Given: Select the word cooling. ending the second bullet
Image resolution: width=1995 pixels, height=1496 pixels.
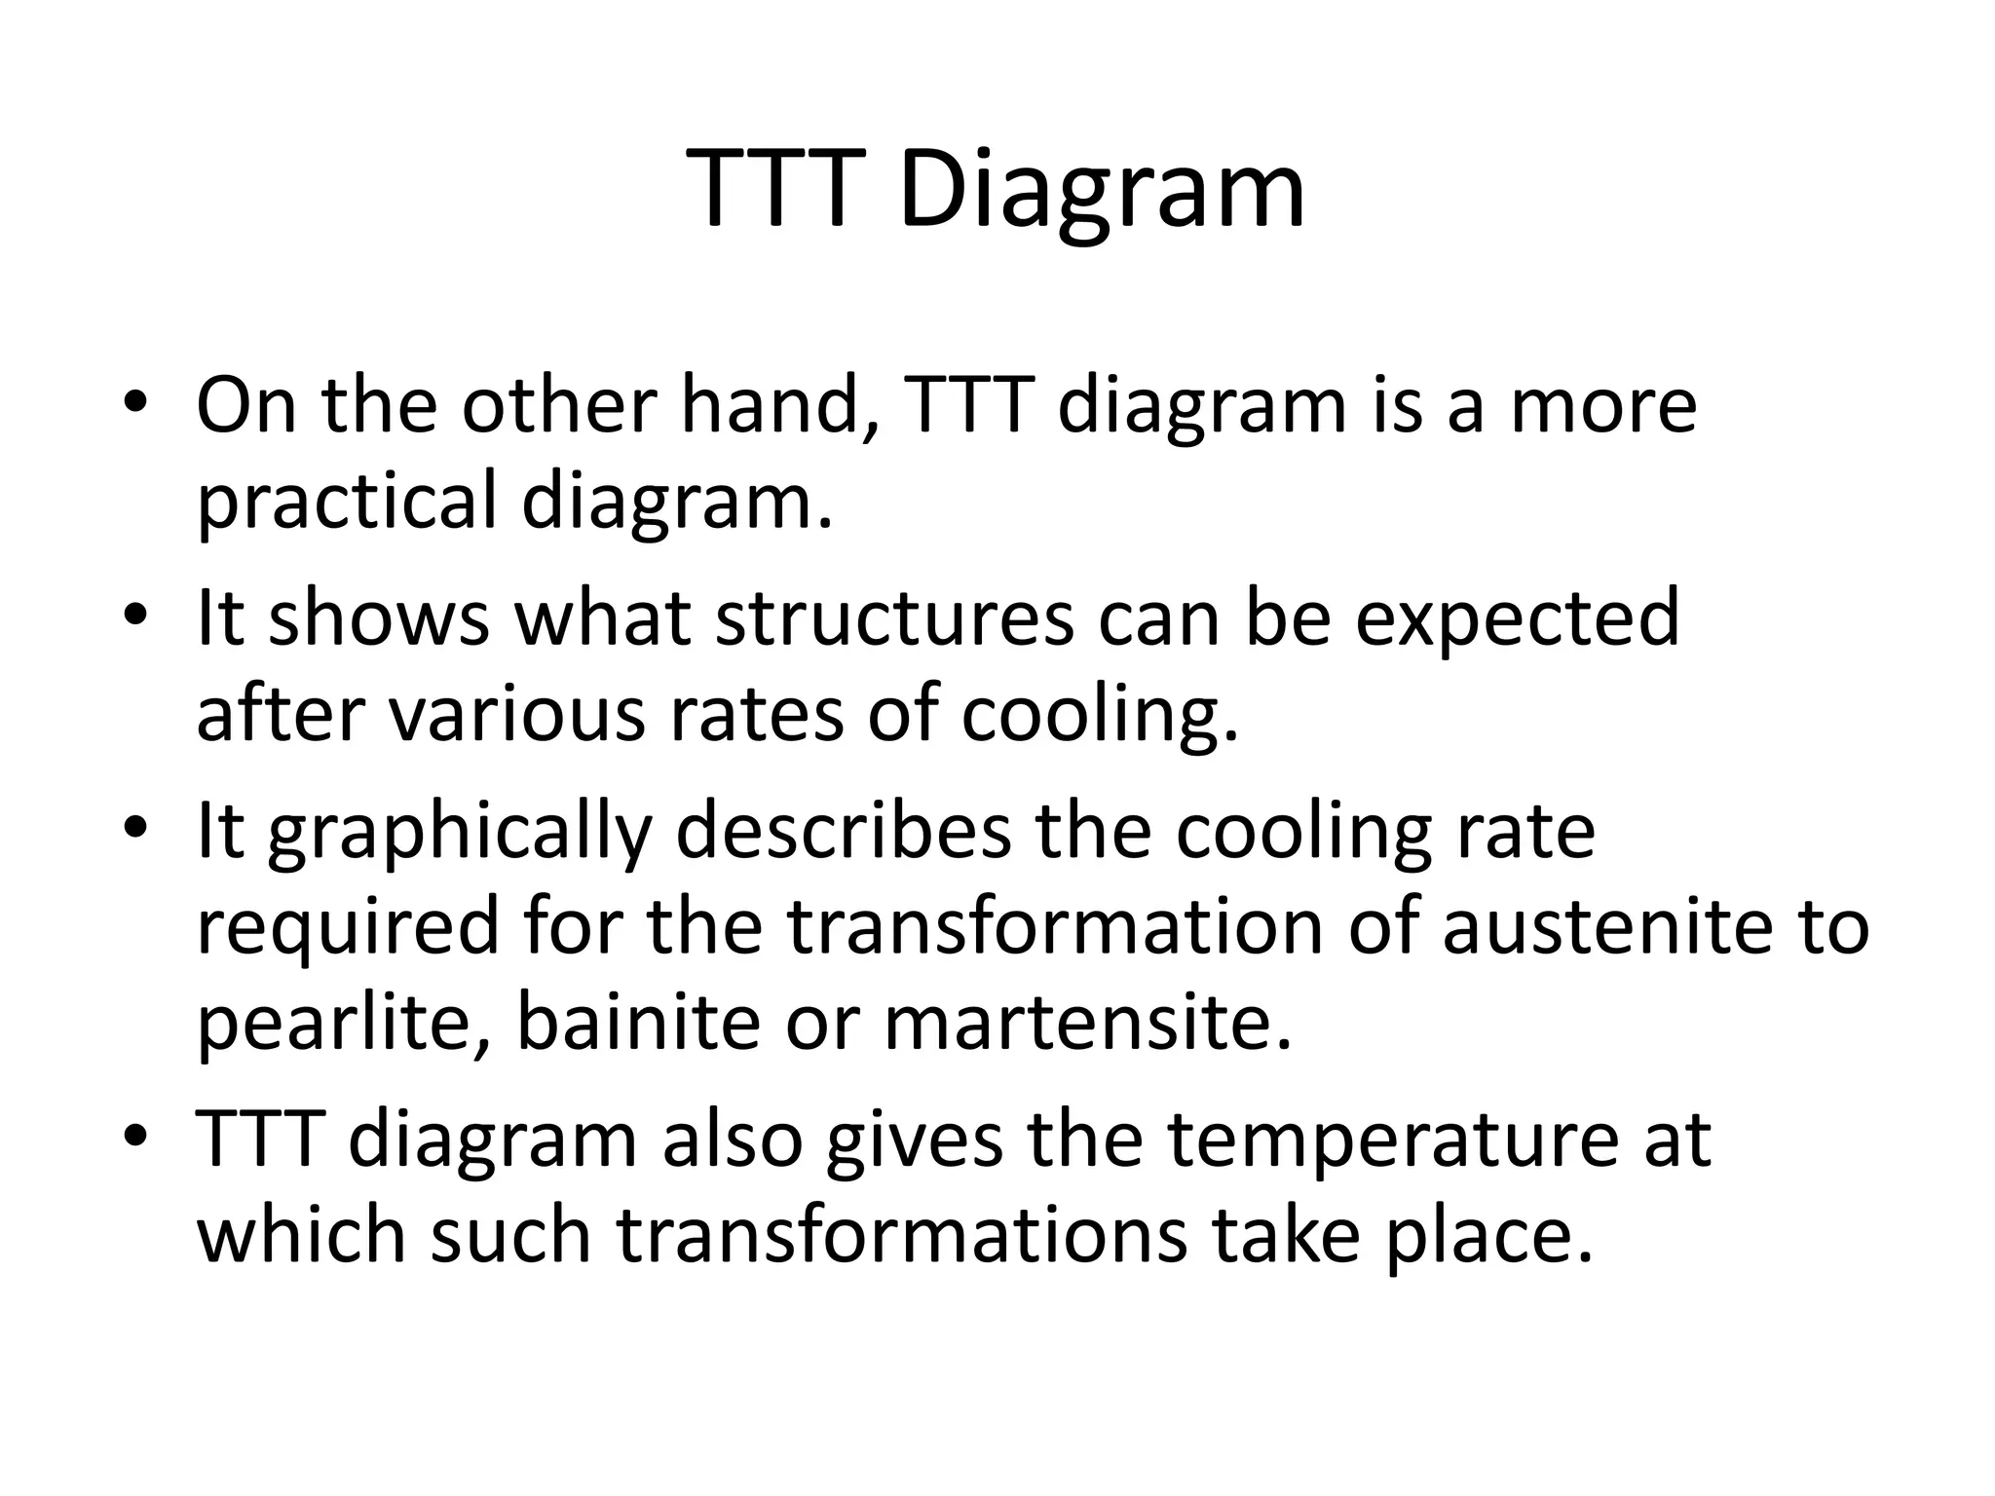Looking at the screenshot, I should click(1100, 715).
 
